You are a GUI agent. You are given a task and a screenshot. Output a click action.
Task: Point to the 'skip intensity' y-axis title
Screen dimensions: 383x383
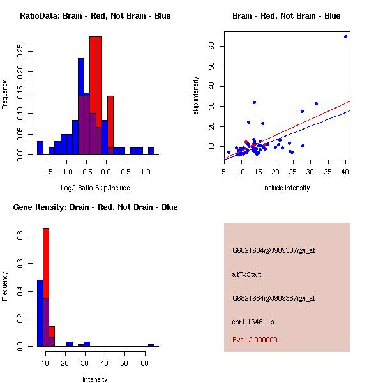196,96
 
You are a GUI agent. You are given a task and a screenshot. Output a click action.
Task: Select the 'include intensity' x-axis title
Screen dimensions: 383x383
287,188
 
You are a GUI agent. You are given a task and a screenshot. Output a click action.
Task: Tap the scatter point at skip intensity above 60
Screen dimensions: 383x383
345,36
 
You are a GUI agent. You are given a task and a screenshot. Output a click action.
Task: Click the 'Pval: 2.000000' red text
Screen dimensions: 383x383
255,340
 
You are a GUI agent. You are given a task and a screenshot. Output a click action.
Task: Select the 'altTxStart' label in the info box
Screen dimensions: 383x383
246,274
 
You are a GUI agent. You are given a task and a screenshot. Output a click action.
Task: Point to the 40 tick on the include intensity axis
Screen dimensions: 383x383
345,171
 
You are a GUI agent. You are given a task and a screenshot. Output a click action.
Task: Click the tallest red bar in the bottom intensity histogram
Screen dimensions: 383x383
46,262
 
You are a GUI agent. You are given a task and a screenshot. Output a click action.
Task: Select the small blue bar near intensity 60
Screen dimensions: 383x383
151,345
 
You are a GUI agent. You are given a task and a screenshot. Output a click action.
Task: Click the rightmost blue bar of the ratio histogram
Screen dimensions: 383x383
151,151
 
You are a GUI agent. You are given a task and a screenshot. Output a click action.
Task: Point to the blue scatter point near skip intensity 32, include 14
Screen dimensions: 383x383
254,102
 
